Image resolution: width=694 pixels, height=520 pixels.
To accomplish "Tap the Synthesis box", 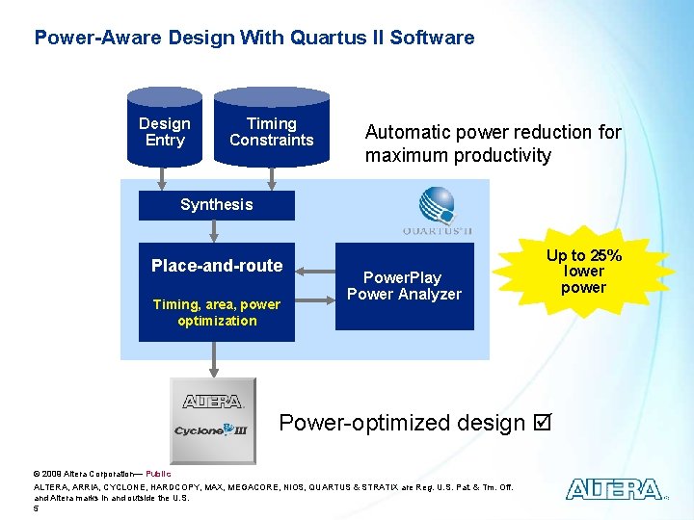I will click(216, 204).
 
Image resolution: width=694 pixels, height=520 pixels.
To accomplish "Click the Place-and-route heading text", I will click(217, 266).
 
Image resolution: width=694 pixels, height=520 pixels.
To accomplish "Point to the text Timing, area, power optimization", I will click(217, 313).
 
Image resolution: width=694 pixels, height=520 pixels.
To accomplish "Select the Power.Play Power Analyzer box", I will click(404, 287).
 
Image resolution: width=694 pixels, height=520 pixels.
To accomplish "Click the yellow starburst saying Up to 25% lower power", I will click(583, 272).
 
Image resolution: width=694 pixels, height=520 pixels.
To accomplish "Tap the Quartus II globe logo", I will click(436, 205).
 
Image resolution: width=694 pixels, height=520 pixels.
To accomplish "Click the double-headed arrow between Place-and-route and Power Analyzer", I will click(314, 287).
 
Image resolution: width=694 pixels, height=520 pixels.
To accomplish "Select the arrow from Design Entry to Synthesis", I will click(165, 178).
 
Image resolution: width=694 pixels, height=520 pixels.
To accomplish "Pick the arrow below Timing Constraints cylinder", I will click(271, 178).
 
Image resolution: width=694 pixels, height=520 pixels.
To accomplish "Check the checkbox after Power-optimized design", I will click(542, 423).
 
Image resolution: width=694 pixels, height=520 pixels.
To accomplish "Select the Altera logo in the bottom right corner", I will click(613, 489).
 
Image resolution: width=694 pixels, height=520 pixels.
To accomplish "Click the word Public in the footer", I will click(158, 473).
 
